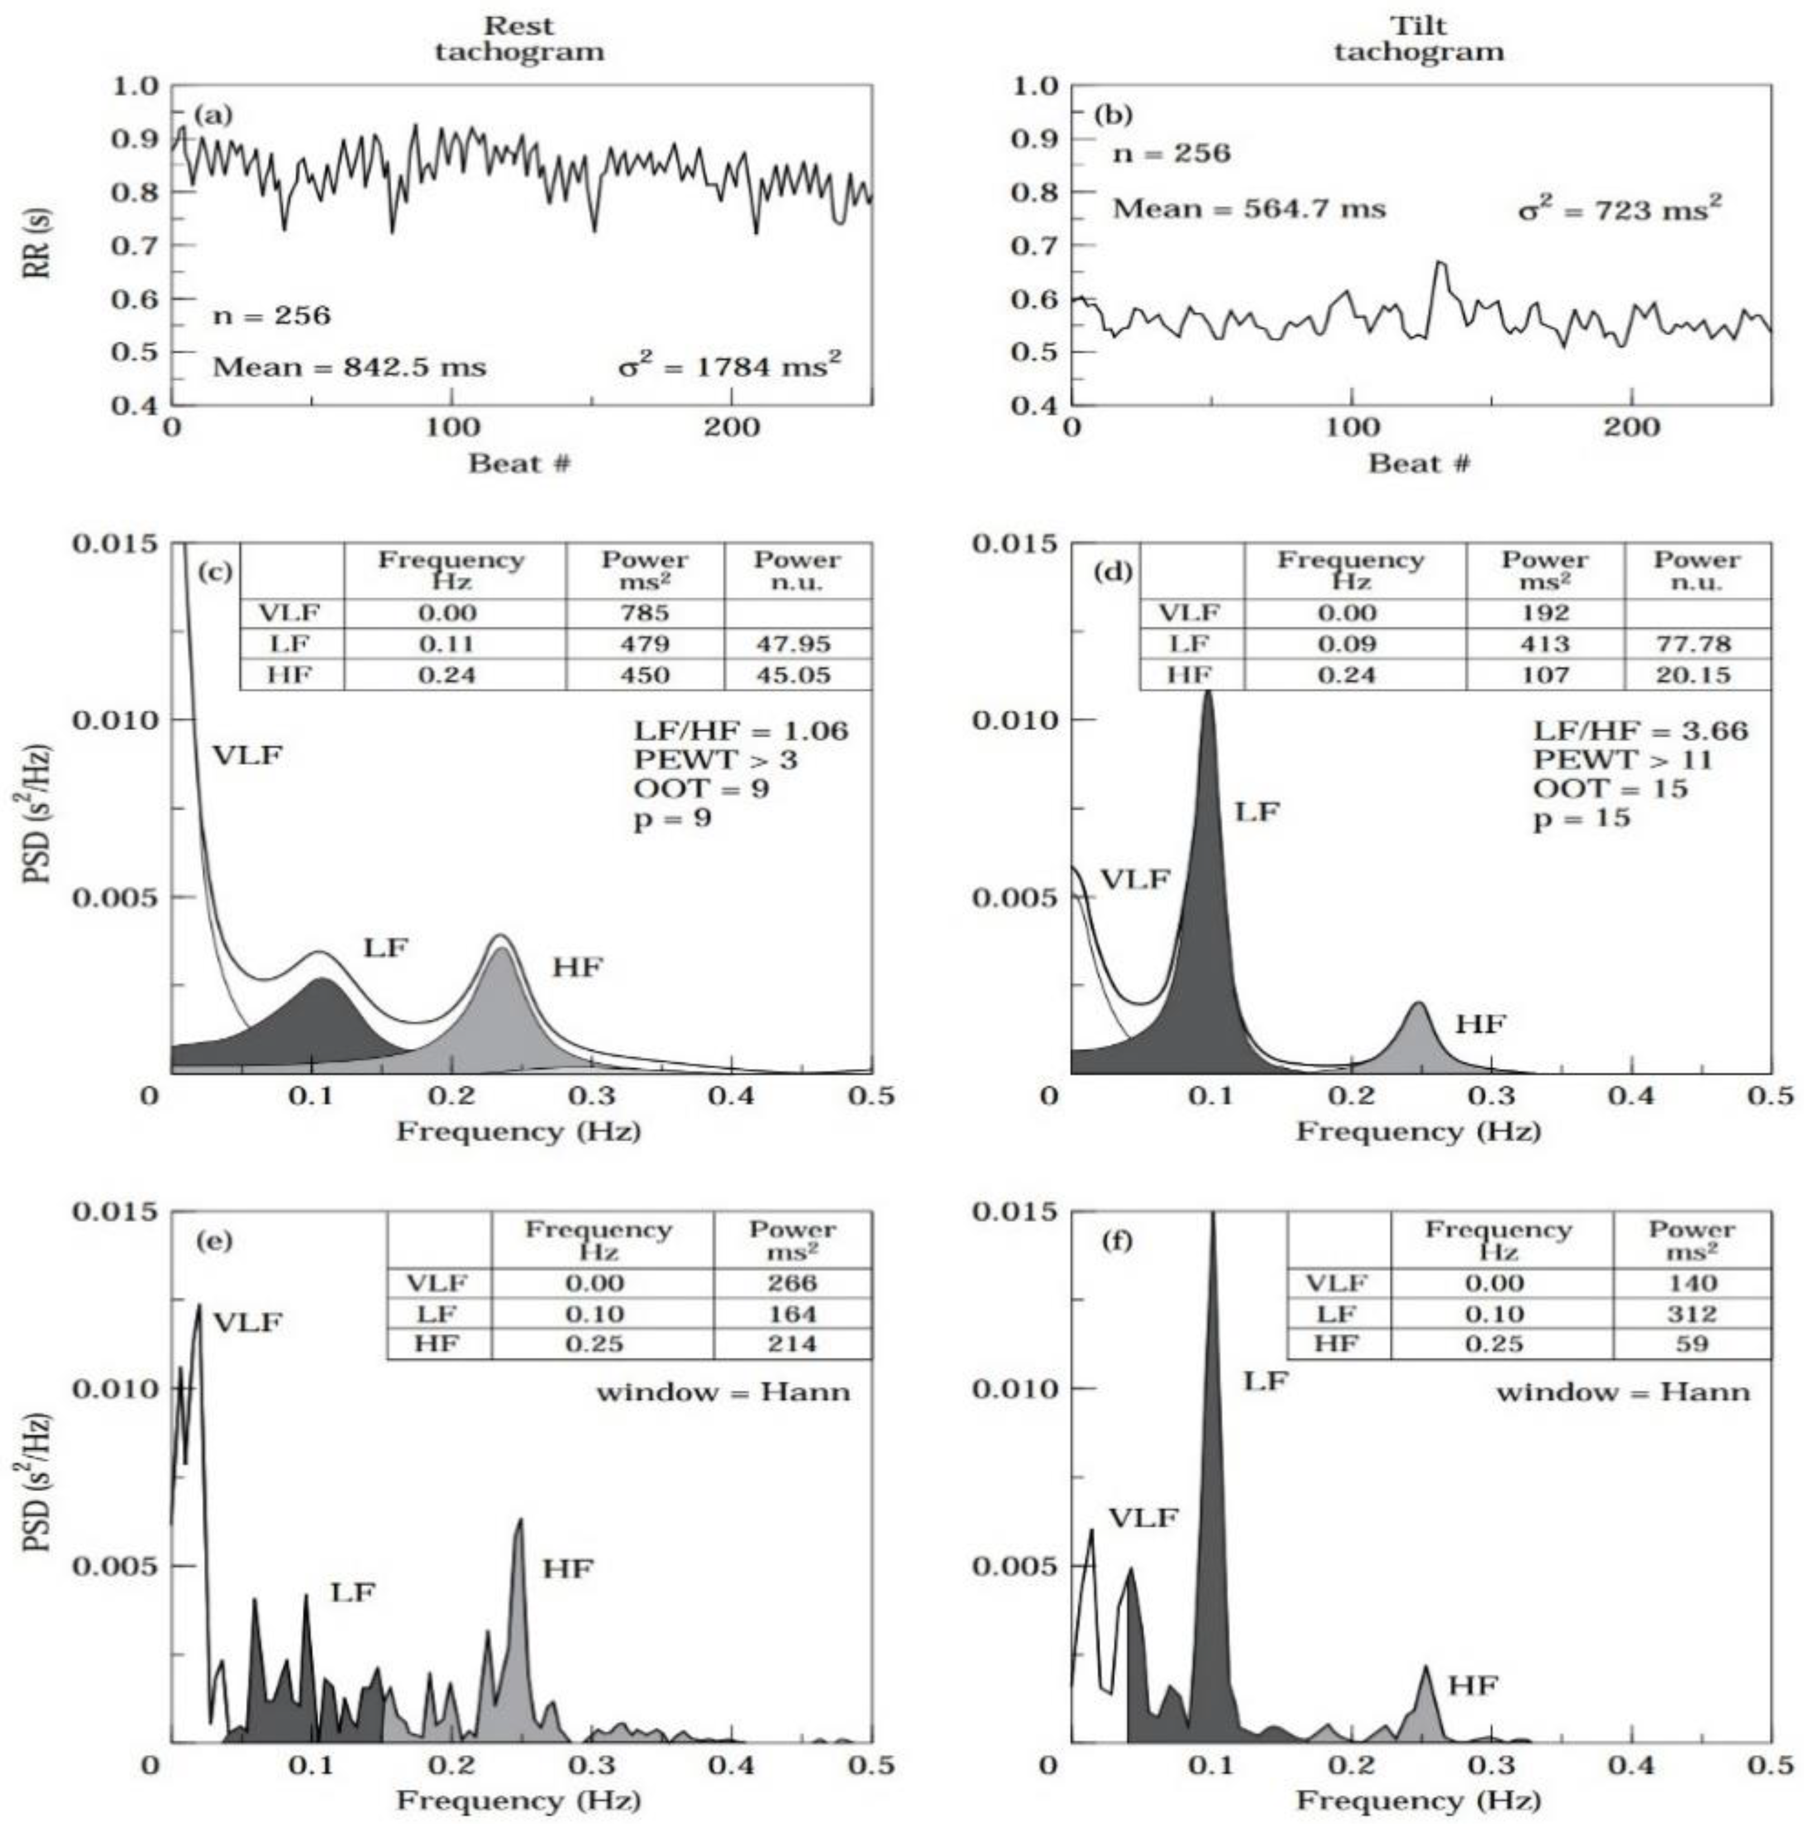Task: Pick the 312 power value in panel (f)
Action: tap(1692, 1314)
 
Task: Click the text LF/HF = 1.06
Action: tap(741, 730)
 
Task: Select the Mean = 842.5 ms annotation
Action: tap(349, 367)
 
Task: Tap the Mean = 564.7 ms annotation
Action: tap(1248, 209)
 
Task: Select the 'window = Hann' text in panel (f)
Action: tap(1622, 1392)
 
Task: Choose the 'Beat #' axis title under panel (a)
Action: tap(519, 463)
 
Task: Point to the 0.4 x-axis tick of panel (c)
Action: tap(731, 1097)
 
